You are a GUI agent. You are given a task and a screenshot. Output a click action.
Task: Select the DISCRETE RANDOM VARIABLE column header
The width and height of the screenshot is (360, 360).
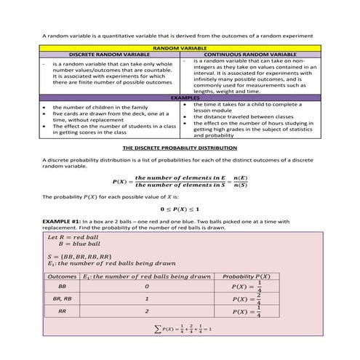(108, 55)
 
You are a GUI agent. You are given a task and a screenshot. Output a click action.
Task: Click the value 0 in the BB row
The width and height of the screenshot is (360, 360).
(146, 287)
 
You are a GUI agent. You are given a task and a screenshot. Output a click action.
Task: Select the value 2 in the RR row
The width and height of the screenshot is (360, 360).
(146, 312)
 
